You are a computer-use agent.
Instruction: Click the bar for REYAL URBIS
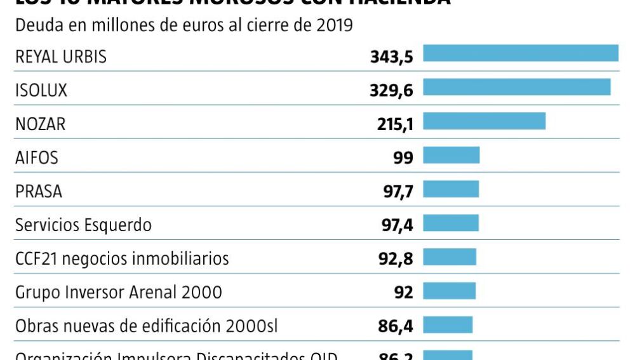click(521, 53)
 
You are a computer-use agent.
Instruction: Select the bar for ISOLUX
click(517, 87)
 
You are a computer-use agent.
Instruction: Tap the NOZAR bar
click(485, 121)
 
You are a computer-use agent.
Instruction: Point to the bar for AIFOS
click(451, 155)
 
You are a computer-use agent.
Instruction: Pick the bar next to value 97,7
click(451, 189)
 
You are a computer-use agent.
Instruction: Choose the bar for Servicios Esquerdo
click(451, 223)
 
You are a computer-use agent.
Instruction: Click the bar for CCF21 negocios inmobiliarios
click(450, 257)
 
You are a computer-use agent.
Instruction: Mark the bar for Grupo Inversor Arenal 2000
click(450, 291)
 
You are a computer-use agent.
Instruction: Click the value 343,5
click(392, 57)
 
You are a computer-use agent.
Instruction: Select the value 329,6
click(391, 91)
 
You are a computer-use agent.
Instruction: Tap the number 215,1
click(395, 124)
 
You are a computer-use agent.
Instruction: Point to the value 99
click(403, 158)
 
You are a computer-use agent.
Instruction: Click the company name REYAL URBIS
click(61, 57)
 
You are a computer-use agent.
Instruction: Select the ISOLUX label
click(41, 91)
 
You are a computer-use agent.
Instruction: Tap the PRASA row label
click(39, 191)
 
